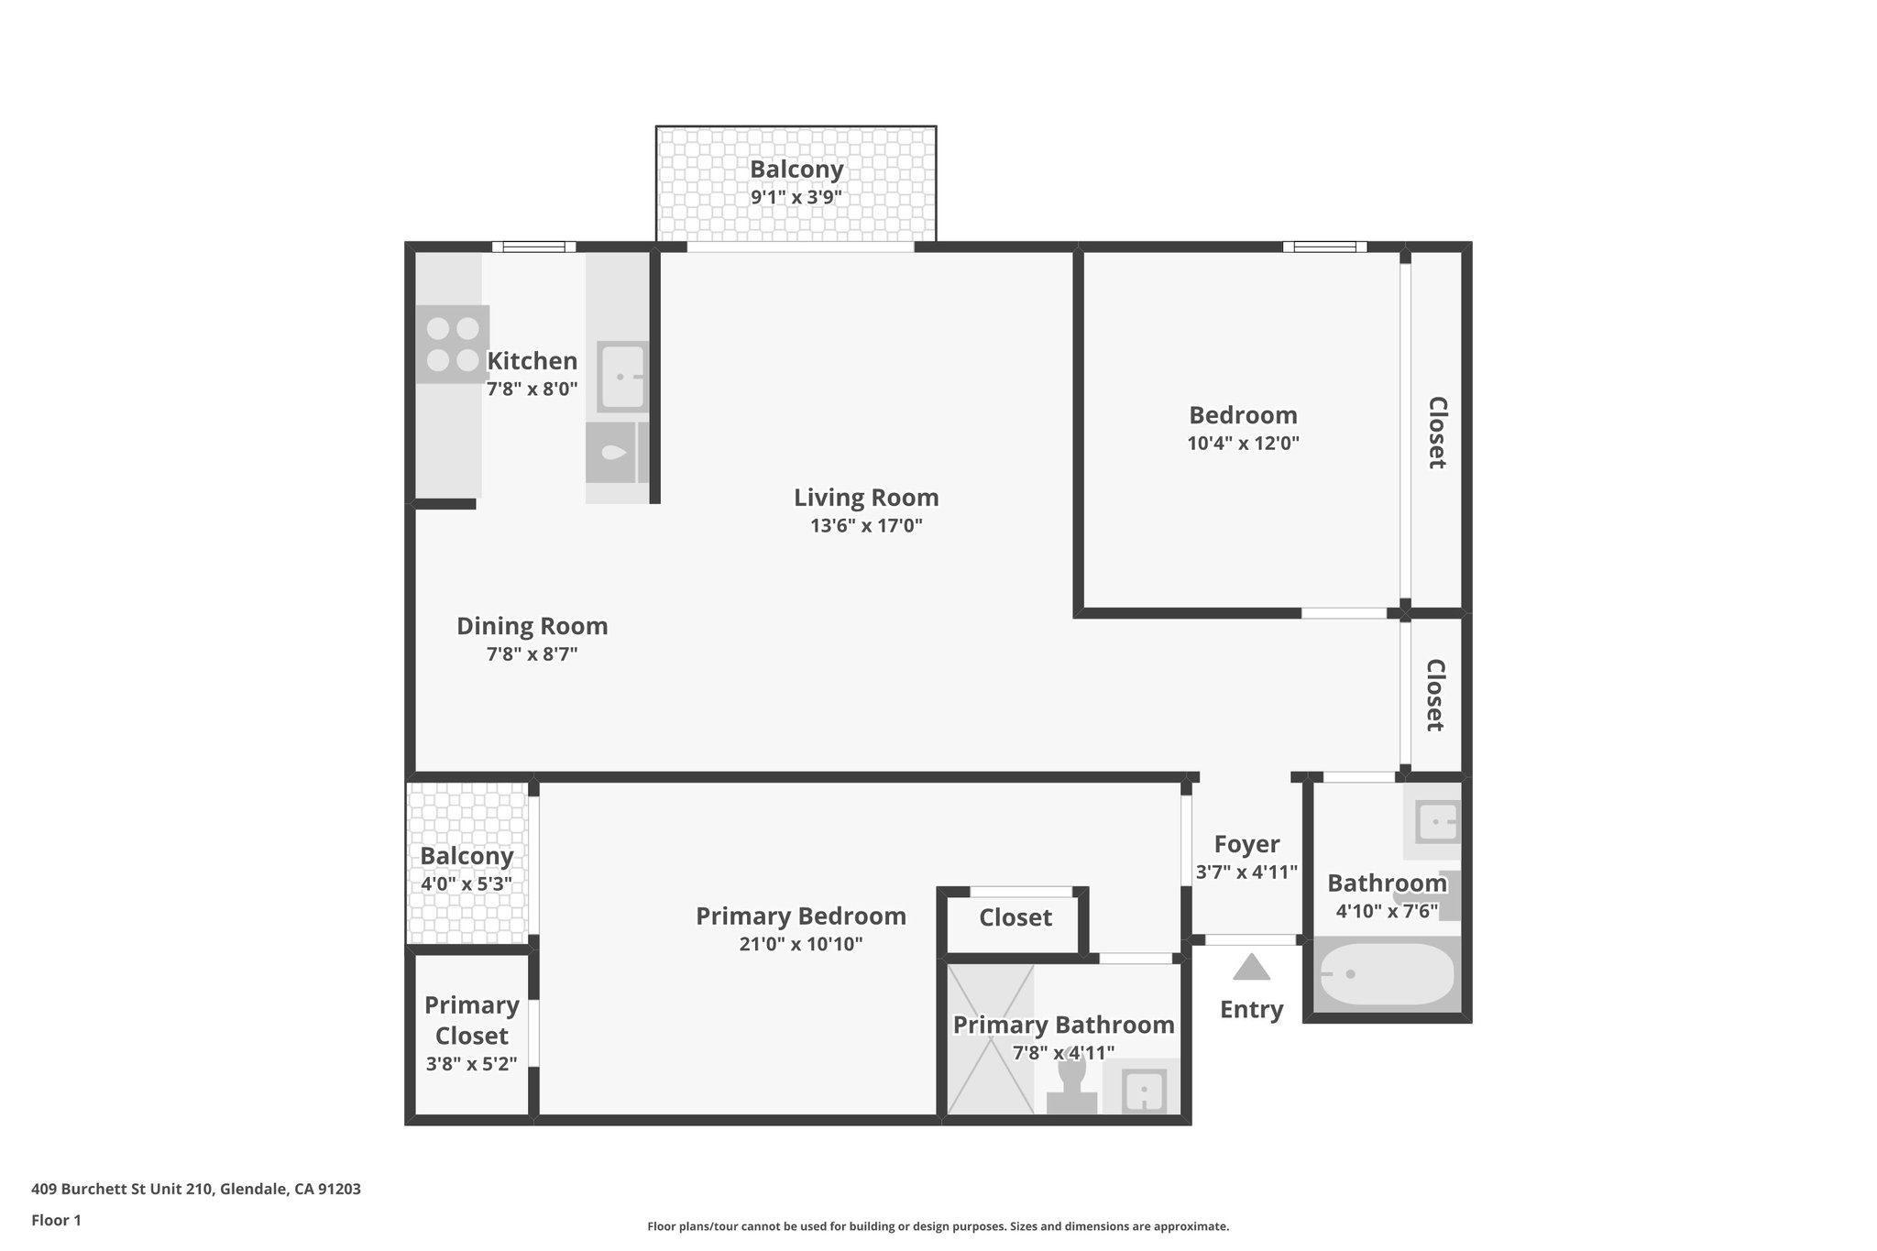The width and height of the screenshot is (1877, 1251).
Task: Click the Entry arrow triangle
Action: (1251, 968)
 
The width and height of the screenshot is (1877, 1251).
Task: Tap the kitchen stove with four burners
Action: (453, 344)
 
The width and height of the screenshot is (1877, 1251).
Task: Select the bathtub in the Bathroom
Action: (1386, 974)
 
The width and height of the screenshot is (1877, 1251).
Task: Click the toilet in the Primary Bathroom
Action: (1071, 1086)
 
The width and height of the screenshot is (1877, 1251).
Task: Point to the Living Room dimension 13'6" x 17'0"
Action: (866, 526)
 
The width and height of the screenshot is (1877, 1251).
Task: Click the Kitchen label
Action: (532, 361)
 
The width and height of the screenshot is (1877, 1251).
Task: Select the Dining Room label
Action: (532, 626)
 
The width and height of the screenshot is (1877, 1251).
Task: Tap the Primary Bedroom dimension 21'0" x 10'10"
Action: (801, 944)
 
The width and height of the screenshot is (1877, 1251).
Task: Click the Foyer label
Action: (1246, 844)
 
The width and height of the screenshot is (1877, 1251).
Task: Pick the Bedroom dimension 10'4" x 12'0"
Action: (1243, 444)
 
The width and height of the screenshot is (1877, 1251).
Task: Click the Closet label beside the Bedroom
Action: (1437, 433)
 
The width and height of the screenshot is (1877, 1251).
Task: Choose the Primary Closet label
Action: (471, 1020)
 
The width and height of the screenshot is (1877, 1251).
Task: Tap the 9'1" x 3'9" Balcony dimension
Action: (796, 197)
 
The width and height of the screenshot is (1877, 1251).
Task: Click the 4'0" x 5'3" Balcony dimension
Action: (466, 884)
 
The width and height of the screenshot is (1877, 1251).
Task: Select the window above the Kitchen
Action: (533, 247)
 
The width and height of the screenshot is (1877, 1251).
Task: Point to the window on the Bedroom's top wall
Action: (1324, 247)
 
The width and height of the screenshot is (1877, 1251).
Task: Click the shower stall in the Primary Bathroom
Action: (990, 1038)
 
